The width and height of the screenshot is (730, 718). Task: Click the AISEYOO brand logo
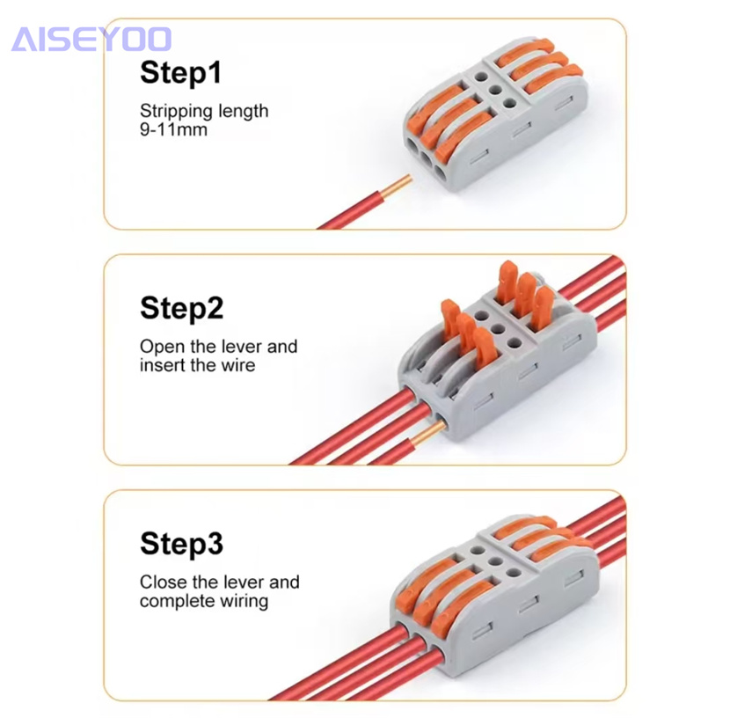coord(91,39)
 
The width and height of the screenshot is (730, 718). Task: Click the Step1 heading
coord(180,73)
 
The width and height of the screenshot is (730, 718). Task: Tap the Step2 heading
coord(181,308)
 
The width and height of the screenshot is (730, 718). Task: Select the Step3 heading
coord(181,544)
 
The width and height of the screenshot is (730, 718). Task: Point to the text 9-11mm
coord(173,129)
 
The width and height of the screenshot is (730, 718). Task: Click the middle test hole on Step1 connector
coord(496,90)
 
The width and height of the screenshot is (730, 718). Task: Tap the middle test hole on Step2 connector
coord(497,329)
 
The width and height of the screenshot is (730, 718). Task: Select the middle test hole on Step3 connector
coord(496,561)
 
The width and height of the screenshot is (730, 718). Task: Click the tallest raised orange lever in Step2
coord(508,282)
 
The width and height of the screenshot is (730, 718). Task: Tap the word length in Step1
coord(243,112)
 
